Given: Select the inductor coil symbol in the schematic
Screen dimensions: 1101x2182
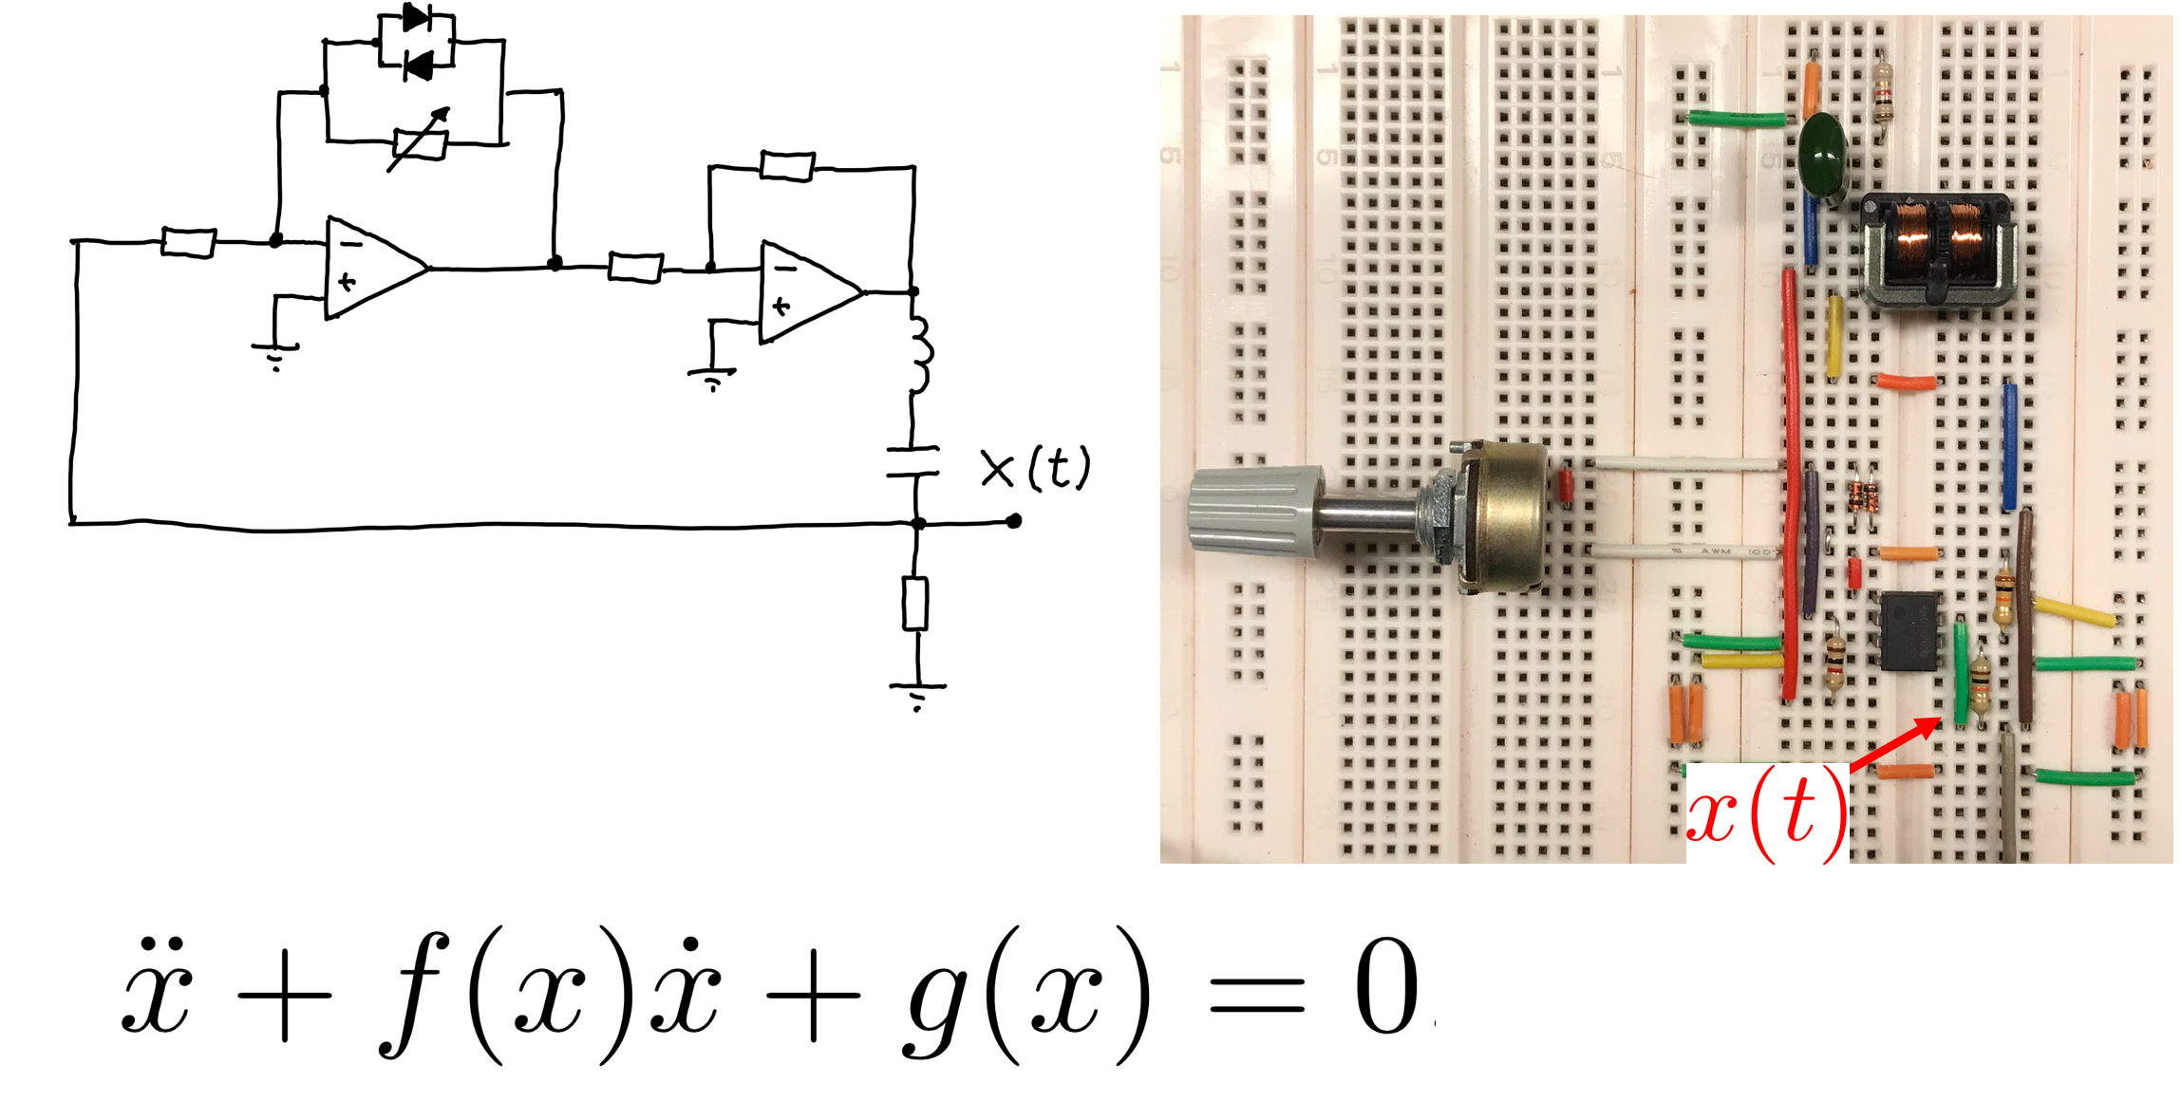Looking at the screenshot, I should click(919, 354).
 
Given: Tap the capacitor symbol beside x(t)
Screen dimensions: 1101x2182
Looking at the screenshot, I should click(913, 461).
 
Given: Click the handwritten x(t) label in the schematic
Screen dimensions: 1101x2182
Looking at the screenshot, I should click(1035, 468).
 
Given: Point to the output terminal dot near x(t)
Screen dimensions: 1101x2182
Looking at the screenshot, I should click(1014, 521).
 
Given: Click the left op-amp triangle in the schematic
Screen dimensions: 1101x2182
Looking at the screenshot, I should click(372, 269).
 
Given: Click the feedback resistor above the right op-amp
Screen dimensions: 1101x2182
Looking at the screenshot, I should click(787, 167).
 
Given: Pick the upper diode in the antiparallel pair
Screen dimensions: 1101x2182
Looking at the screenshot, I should click(416, 17).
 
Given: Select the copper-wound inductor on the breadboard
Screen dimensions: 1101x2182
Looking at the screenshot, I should click(1936, 249).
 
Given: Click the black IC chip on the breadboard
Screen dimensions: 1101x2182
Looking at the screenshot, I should click(1910, 631).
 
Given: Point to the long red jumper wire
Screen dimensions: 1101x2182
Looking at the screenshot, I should click(1791, 484).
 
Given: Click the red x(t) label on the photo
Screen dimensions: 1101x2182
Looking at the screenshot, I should click(1766, 814).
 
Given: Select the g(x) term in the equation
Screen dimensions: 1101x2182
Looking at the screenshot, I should click(1025, 992).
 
